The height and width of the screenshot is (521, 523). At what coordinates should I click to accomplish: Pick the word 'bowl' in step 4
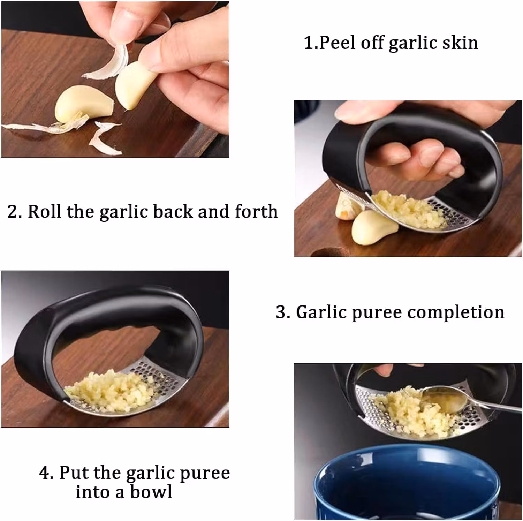[x=151, y=492]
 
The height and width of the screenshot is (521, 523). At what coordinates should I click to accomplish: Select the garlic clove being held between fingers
[x=135, y=85]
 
